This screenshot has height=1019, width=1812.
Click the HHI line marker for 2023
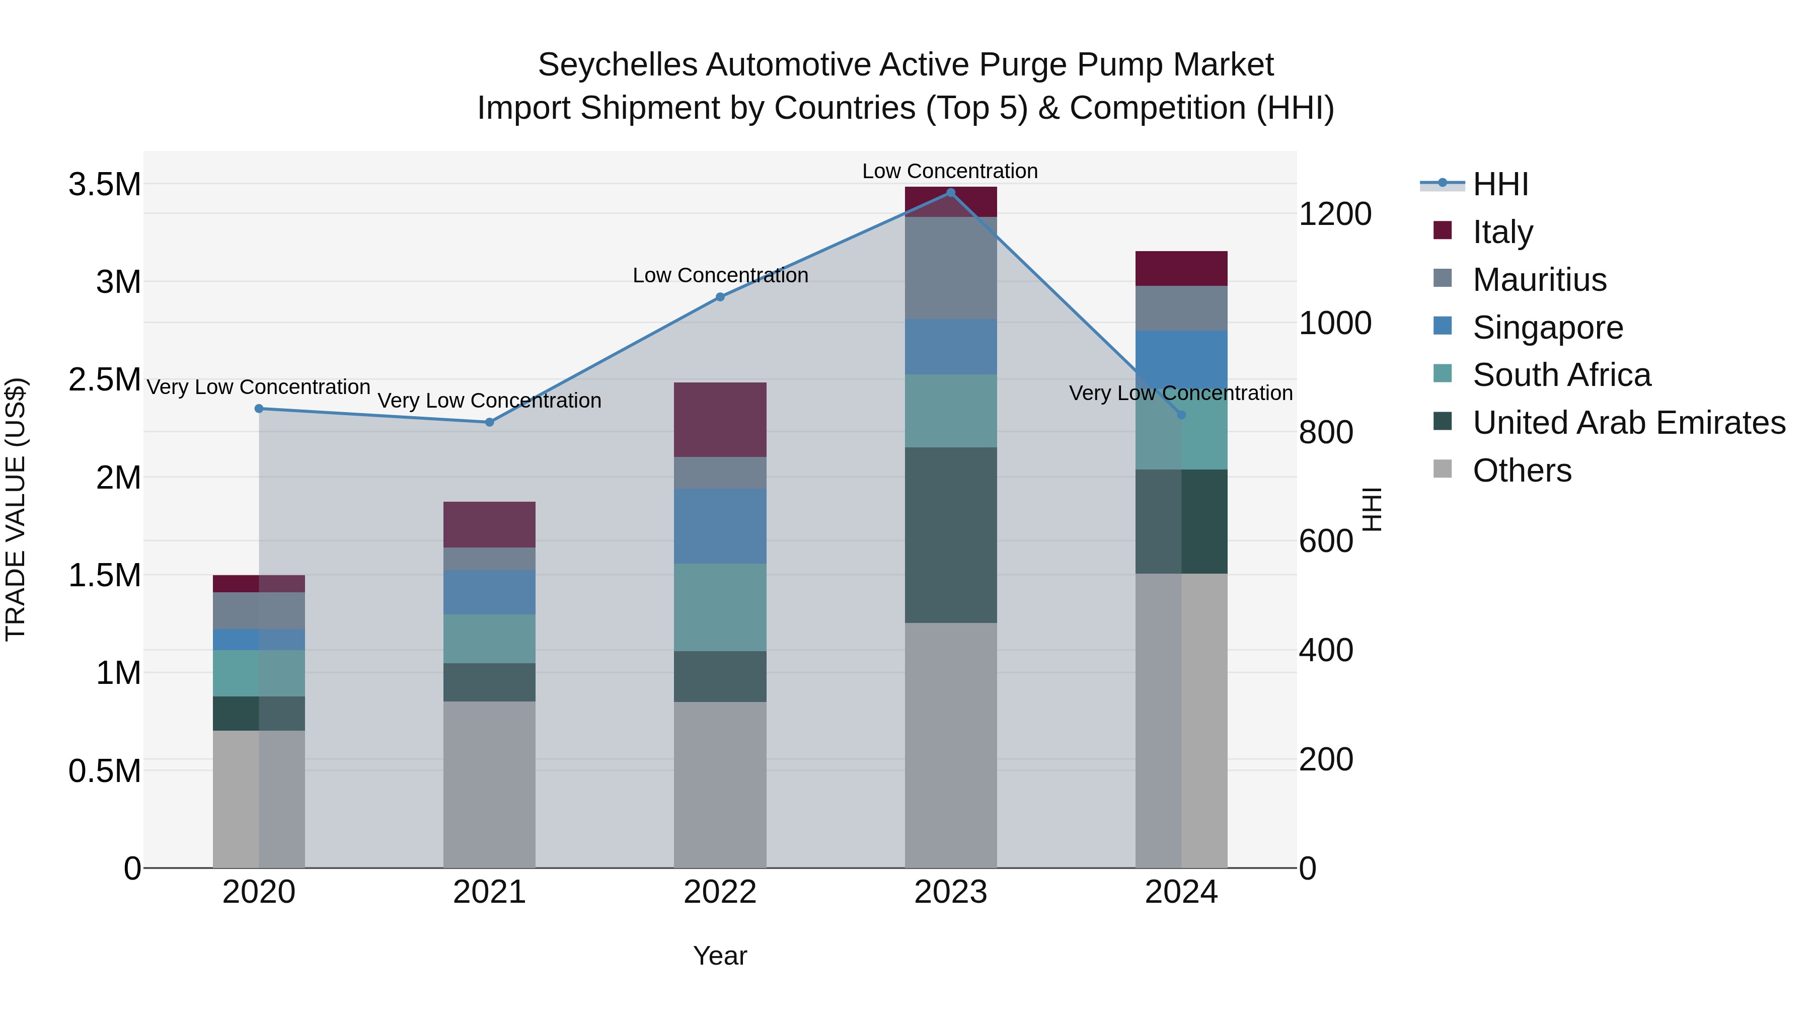click(x=950, y=193)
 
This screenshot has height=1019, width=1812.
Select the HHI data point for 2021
click(x=490, y=422)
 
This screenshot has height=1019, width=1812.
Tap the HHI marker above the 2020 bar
click(x=259, y=409)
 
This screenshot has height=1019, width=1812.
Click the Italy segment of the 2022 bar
click(x=720, y=420)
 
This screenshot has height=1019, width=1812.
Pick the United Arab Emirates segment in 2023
click(x=950, y=534)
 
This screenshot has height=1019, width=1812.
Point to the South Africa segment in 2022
click(x=720, y=607)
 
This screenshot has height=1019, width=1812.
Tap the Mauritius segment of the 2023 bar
click(x=950, y=268)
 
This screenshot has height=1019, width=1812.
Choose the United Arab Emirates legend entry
click(x=1628, y=423)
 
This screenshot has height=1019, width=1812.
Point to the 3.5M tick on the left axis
click(x=104, y=185)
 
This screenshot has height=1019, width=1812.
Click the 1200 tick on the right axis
click(x=1334, y=214)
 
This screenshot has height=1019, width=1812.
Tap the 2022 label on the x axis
click(x=720, y=892)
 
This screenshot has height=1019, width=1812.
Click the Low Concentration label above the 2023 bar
click(x=950, y=171)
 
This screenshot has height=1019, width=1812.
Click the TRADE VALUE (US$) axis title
click(x=16, y=509)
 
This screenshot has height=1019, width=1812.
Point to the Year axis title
click(x=720, y=956)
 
